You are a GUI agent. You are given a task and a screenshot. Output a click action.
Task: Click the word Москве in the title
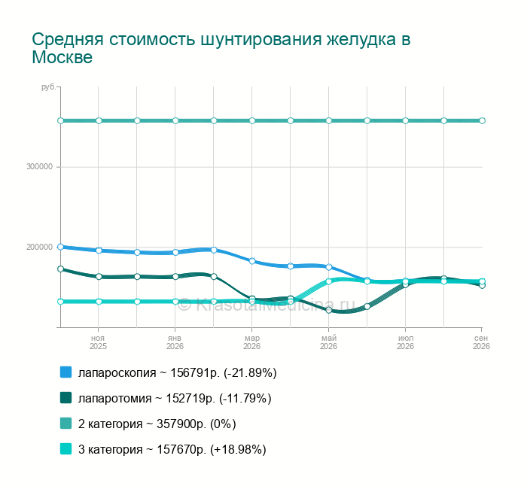point(62,56)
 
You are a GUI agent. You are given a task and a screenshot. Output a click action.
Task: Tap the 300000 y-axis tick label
point(40,166)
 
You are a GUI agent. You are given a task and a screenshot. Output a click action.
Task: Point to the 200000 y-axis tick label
point(40,247)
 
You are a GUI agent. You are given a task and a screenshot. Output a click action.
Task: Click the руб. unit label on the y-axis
point(49,87)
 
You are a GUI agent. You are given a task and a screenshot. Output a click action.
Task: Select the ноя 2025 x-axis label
point(98,342)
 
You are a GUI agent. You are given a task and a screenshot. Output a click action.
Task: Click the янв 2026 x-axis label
point(175,342)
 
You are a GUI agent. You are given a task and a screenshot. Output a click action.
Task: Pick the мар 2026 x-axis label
point(251,342)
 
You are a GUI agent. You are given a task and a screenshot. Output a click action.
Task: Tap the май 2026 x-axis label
point(328,342)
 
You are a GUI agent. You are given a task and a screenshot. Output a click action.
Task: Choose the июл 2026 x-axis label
point(405,342)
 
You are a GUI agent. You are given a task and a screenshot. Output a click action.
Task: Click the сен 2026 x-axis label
point(481,342)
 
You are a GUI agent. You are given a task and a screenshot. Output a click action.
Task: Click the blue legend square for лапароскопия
point(66,372)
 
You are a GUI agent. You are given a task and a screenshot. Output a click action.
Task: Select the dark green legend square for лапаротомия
point(66,398)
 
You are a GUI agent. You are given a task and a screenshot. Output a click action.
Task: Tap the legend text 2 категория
point(110,424)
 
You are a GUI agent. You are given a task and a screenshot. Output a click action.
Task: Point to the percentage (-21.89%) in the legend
point(250,373)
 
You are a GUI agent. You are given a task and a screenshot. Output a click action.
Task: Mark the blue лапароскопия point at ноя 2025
point(99,251)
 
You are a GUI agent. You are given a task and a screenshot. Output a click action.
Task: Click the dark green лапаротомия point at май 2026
point(329,310)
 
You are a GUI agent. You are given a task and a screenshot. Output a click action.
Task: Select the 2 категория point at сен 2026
point(482,120)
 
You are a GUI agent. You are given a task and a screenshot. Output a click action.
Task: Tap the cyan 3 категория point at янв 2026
point(175,302)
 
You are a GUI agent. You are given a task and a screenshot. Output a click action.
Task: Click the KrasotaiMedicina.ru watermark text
point(267,305)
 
